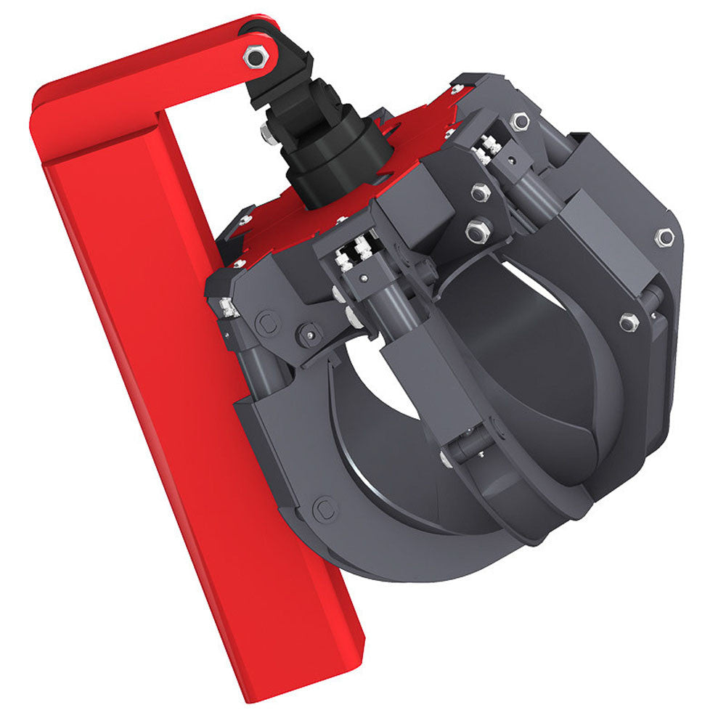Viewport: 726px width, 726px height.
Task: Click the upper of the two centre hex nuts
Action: (480, 192)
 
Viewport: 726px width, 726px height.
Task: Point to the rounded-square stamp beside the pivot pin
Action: (266, 323)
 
